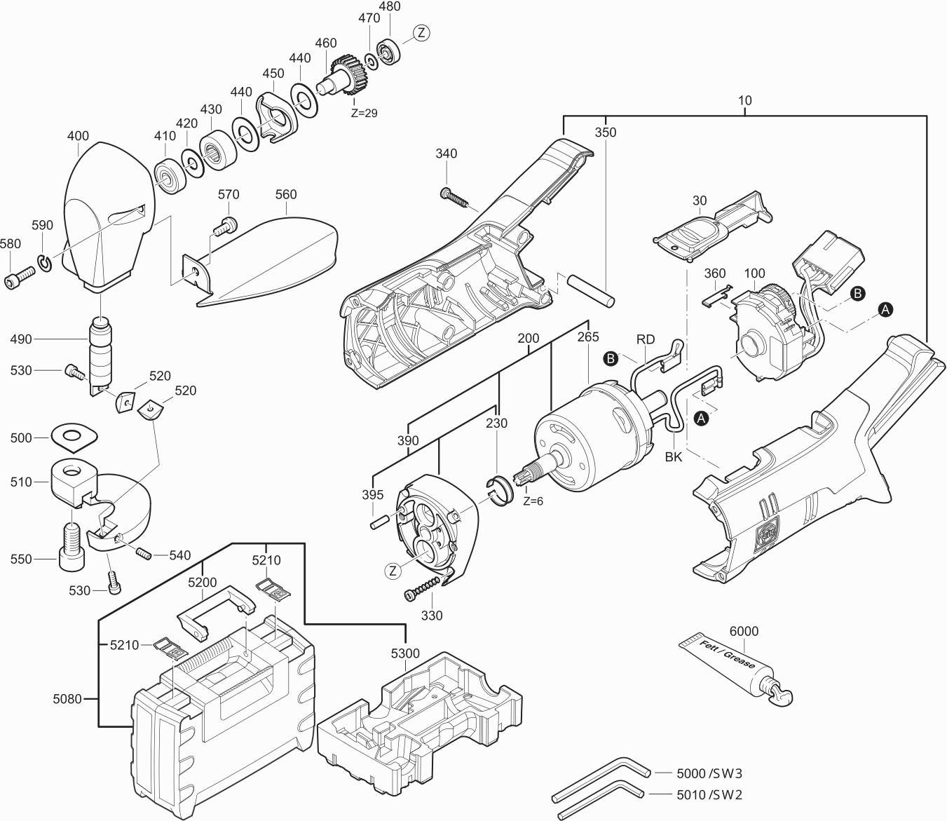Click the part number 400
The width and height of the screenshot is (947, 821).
point(79,135)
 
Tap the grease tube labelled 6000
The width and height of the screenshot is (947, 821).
point(729,663)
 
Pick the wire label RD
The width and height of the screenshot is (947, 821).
point(646,339)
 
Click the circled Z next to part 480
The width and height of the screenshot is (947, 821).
point(421,32)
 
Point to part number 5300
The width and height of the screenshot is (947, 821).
point(405,653)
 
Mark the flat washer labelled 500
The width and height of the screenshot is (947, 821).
point(73,436)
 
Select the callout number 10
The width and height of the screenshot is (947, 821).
point(744,100)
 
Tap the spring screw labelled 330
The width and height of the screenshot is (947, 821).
point(424,588)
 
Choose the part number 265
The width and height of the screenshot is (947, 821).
point(588,337)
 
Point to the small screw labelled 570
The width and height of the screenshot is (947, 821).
point(226,226)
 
